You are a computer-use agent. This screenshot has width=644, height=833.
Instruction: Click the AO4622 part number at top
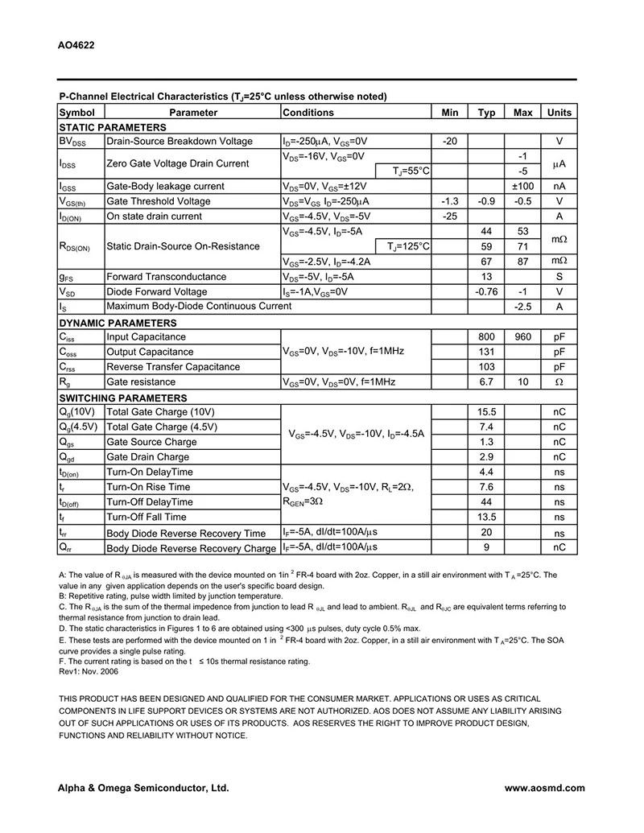[x=76, y=46]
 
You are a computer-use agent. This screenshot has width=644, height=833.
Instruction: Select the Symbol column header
[x=77, y=113]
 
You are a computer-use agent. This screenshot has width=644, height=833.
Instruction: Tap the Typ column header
[x=486, y=113]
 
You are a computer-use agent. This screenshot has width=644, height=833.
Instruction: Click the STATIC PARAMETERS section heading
[x=113, y=127]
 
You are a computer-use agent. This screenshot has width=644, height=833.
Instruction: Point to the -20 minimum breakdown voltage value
[x=450, y=142]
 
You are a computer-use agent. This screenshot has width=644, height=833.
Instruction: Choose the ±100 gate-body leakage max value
[x=523, y=186]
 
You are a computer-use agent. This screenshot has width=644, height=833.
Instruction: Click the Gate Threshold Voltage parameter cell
[x=159, y=201]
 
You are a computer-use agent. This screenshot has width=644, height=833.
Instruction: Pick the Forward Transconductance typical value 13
[x=486, y=277]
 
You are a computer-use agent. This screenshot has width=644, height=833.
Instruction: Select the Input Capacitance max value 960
[x=523, y=337]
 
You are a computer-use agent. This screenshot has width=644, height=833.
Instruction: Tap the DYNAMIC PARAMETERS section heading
[x=118, y=323]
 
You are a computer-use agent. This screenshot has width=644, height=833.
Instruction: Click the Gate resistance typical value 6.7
[x=486, y=382]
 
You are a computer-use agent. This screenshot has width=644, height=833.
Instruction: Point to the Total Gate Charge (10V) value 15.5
[x=486, y=412]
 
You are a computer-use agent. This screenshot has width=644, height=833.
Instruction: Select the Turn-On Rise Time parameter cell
[x=148, y=487]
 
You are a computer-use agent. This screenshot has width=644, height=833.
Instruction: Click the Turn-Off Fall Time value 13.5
[x=486, y=518]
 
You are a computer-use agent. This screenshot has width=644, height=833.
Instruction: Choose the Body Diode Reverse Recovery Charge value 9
[x=486, y=548]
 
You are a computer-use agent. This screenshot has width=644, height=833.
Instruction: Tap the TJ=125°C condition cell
[x=408, y=246]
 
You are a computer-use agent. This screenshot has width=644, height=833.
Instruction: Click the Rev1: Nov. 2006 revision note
[x=89, y=671]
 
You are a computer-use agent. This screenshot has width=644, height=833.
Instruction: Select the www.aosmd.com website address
[x=545, y=789]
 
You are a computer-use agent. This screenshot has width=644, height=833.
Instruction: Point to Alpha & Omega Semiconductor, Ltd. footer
[x=143, y=789]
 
